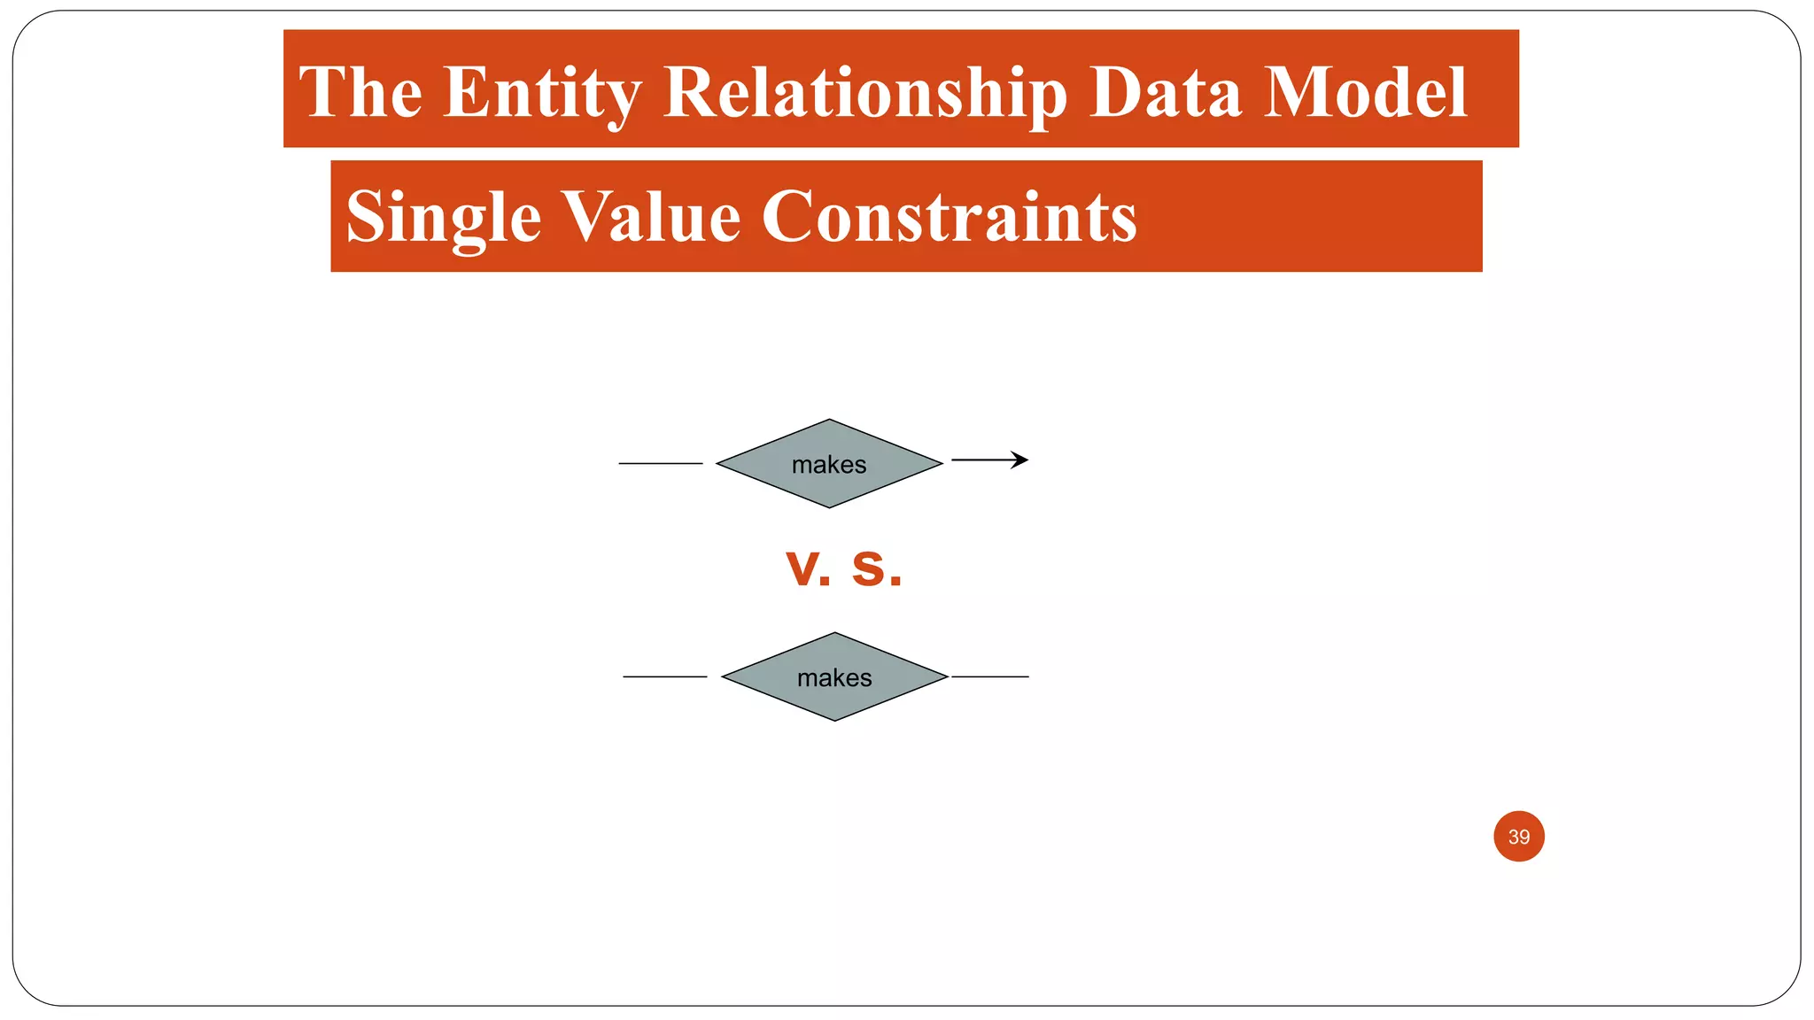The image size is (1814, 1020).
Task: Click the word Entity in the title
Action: point(542,92)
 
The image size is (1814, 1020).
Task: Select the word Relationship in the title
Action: point(865,92)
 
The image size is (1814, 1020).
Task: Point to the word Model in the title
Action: point(1365,92)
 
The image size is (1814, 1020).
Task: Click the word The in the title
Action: point(360,92)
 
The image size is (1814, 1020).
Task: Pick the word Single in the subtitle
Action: point(443,217)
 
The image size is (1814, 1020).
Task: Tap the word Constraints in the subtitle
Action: point(949,217)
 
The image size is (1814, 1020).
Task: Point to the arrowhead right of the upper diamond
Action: point(1020,460)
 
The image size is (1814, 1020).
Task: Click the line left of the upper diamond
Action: point(660,463)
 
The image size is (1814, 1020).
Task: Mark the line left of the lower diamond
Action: point(664,676)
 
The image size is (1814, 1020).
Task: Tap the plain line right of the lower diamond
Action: point(990,676)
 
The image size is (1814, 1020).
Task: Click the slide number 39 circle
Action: point(1518,836)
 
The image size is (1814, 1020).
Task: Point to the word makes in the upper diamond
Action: point(829,465)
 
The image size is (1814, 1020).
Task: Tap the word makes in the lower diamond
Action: point(834,678)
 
